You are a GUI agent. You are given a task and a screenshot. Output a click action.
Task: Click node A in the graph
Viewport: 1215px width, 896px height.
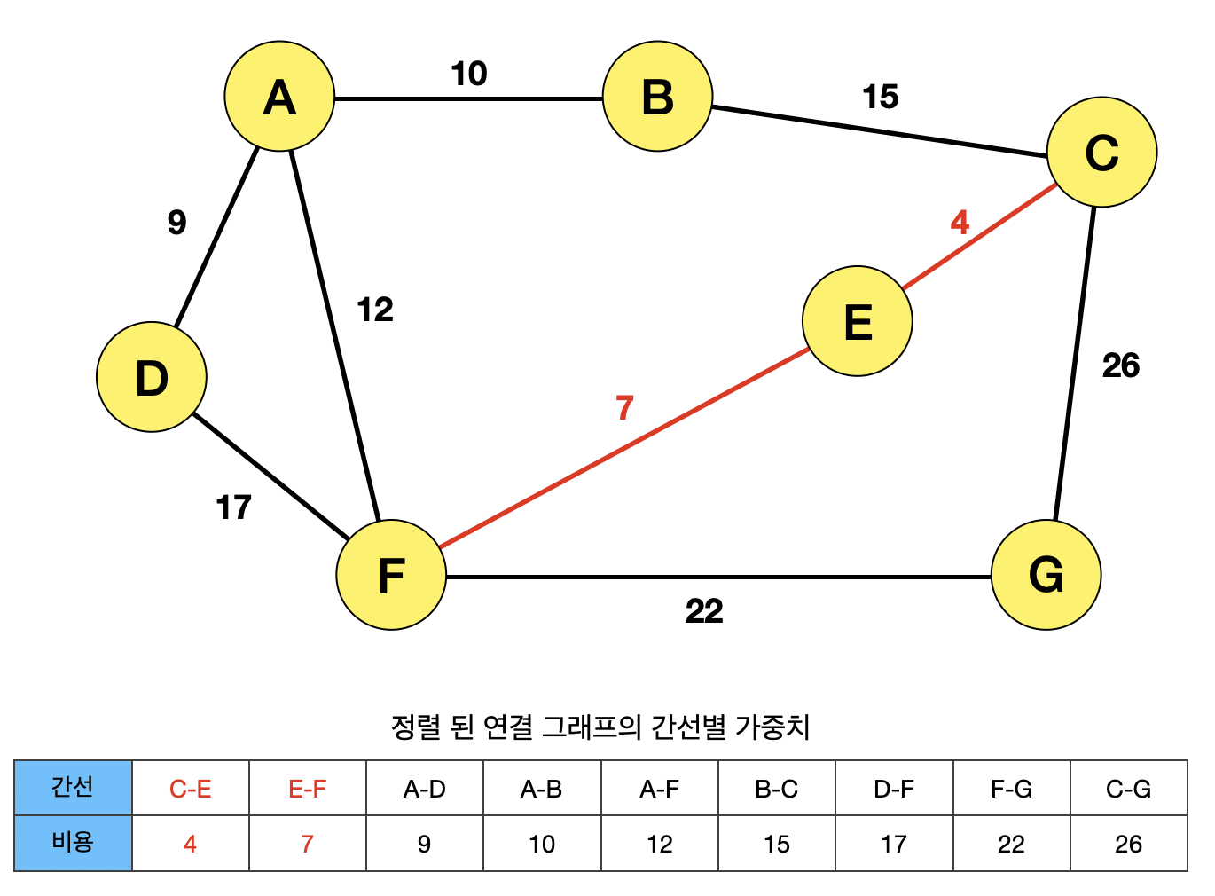[x=279, y=97]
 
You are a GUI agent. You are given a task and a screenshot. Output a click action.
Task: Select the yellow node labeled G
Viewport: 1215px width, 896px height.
[x=1046, y=575]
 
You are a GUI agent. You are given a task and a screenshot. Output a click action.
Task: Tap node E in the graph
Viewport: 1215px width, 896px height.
[x=857, y=321]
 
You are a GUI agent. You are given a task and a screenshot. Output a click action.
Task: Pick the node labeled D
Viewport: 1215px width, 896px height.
[x=152, y=377]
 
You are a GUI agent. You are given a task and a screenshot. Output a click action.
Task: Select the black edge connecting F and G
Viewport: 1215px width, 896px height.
[x=718, y=577]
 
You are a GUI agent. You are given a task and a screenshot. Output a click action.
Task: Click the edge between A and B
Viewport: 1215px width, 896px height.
[x=468, y=98]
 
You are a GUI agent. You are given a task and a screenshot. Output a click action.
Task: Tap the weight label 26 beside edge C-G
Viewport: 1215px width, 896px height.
[x=1120, y=365]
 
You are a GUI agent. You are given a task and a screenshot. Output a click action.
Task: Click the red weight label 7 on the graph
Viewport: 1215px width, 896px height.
[x=624, y=408]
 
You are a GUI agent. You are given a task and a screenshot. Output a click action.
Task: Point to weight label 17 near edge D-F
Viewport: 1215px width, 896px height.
[x=234, y=507]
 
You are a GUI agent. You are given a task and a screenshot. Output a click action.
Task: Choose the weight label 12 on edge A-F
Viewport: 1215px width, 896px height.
[x=374, y=310]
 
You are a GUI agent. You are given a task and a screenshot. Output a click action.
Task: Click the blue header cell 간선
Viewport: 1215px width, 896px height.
[x=73, y=788]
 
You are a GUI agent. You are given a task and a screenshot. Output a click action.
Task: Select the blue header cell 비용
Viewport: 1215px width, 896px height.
[x=73, y=843]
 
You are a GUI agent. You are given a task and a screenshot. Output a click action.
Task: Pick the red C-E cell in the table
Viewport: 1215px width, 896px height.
[x=190, y=789]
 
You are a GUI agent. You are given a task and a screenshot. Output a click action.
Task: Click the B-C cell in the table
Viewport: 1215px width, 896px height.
[x=776, y=789]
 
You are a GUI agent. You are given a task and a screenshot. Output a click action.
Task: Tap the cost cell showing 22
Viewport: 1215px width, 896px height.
[x=1011, y=844]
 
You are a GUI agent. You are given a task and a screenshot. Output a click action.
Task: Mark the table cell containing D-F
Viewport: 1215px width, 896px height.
[x=893, y=789]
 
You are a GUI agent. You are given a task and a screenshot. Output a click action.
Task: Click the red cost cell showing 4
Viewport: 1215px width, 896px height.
[x=190, y=844]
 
